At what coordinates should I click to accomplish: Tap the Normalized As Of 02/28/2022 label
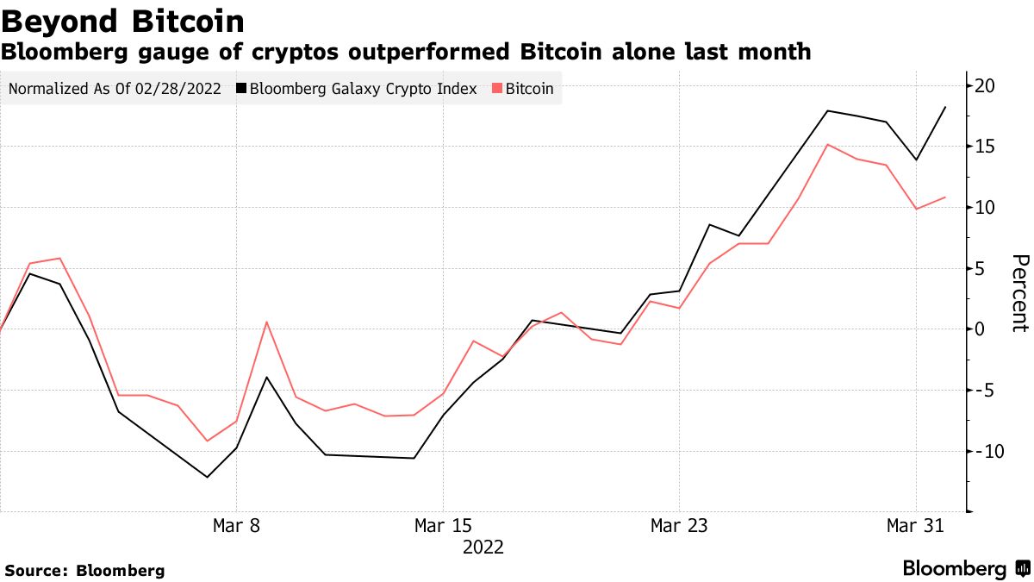pos(115,89)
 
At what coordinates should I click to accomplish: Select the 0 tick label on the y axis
pos(981,329)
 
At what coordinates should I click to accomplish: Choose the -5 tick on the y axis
pos(984,391)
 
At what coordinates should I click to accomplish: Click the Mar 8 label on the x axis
pos(236,525)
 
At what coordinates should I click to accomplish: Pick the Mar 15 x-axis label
pos(443,525)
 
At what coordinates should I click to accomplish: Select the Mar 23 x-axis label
pos(679,525)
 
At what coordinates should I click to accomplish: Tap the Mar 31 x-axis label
pos(915,525)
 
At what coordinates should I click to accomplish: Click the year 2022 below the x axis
pos(483,548)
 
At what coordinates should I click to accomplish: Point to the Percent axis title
pos(1020,293)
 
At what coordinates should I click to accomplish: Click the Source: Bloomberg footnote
pos(84,570)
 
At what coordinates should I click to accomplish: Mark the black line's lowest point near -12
pos(207,477)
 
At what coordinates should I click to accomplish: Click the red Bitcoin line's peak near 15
pos(827,145)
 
